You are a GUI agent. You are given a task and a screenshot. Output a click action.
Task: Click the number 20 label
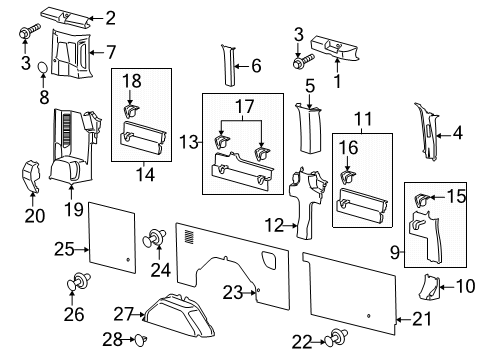click(x=35, y=215)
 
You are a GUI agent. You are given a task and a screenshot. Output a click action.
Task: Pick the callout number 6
click(x=255, y=66)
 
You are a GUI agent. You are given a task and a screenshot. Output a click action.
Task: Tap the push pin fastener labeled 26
click(x=74, y=283)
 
